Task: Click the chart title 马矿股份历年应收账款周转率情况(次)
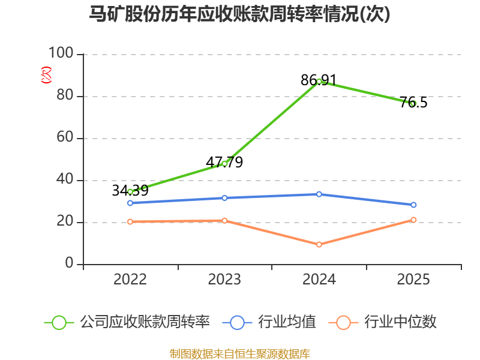pyautogui.click(x=239, y=14)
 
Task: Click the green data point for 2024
pyautogui.click(x=319, y=82)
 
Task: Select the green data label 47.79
pyautogui.click(x=224, y=162)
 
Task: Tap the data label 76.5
pyautogui.click(x=413, y=102)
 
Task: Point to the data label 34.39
pyautogui.click(x=130, y=190)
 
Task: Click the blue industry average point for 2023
pyautogui.click(x=224, y=198)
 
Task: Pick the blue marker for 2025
pyautogui.click(x=413, y=205)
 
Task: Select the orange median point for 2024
pyautogui.click(x=319, y=245)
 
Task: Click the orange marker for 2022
pyautogui.click(x=130, y=221)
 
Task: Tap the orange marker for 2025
pyautogui.click(x=413, y=220)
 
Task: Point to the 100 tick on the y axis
pyautogui.click(x=61, y=53)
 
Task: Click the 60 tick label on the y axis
pyautogui.click(x=65, y=137)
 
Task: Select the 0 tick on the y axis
pyautogui.click(x=69, y=263)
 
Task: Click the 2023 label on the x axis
pyautogui.click(x=224, y=279)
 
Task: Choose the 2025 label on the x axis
pyautogui.click(x=413, y=279)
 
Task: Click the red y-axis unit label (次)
pyautogui.click(x=46, y=75)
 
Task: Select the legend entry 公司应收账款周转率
pyautogui.click(x=127, y=322)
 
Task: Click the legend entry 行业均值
pyautogui.click(x=269, y=322)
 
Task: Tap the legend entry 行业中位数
pyautogui.click(x=382, y=322)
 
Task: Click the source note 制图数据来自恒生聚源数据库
pyautogui.click(x=240, y=353)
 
